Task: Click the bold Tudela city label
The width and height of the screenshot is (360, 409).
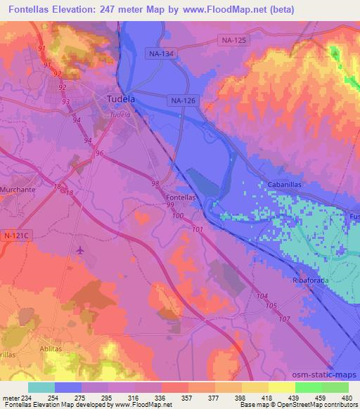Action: tap(120, 99)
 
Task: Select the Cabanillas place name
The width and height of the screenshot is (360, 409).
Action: tap(285, 184)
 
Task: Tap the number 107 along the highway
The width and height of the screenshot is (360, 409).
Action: tap(284, 320)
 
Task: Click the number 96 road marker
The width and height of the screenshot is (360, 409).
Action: tap(99, 153)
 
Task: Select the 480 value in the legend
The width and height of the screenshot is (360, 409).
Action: tap(346, 398)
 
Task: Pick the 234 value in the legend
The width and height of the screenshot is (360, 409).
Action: tap(27, 398)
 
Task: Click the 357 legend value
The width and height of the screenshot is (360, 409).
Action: tap(187, 398)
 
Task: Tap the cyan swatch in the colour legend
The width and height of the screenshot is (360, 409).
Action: tap(41, 387)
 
